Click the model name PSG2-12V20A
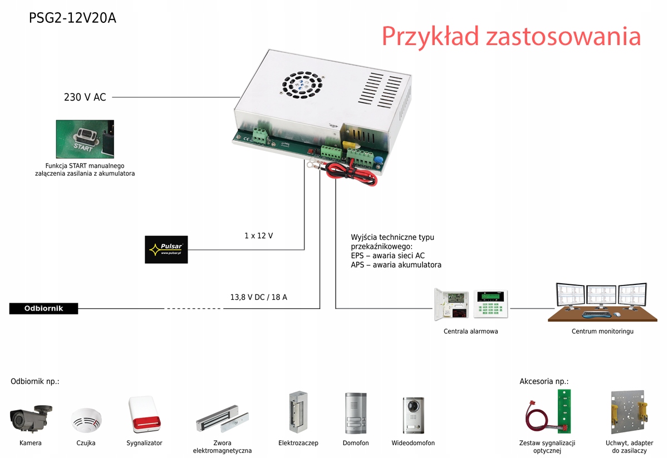(x=72, y=18)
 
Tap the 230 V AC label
(x=85, y=97)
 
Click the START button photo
(x=85, y=139)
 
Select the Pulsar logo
(x=166, y=249)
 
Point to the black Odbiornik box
(x=43, y=308)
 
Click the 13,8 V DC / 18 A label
(x=259, y=297)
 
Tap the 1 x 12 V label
(x=258, y=236)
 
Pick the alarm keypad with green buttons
(x=491, y=304)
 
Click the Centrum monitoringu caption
(x=602, y=332)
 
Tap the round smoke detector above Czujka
(x=86, y=420)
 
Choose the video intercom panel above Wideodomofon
(x=413, y=415)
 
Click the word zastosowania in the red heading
(x=563, y=37)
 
